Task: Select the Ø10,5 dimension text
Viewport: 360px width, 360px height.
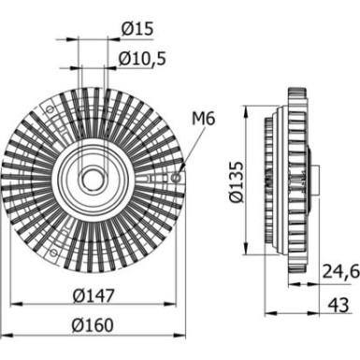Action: pyautogui.click(x=143, y=59)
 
